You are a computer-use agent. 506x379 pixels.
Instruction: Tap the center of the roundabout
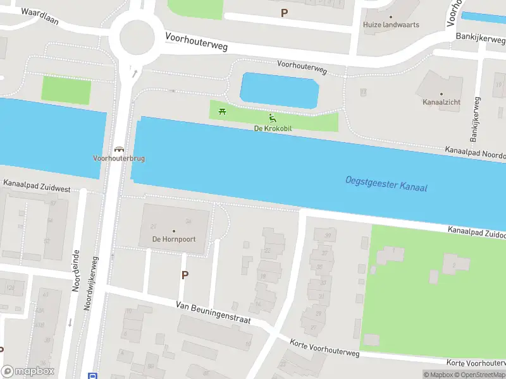tap(137, 37)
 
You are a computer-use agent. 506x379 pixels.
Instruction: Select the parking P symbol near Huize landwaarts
tap(284, 12)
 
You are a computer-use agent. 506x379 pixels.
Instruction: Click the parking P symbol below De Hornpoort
tap(185, 275)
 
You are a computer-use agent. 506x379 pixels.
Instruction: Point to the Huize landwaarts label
tap(391, 25)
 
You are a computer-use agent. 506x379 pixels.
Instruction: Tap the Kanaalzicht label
tap(441, 102)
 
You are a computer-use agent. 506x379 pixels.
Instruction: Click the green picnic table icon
tap(222, 112)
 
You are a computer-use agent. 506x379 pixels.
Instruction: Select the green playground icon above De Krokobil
tap(272, 117)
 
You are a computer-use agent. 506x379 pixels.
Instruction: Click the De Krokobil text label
tap(272, 128)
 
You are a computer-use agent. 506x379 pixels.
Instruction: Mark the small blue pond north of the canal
tap(280, 89)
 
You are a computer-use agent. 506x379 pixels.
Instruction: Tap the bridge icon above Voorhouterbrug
tap(118, 149)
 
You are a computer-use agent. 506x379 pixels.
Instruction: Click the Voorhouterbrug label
tap(118, 159)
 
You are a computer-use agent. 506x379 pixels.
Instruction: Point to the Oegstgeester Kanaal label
tap(386, 184)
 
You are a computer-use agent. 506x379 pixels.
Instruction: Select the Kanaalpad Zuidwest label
tap(37, 186)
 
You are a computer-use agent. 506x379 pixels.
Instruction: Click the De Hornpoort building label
tap(173, 239)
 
